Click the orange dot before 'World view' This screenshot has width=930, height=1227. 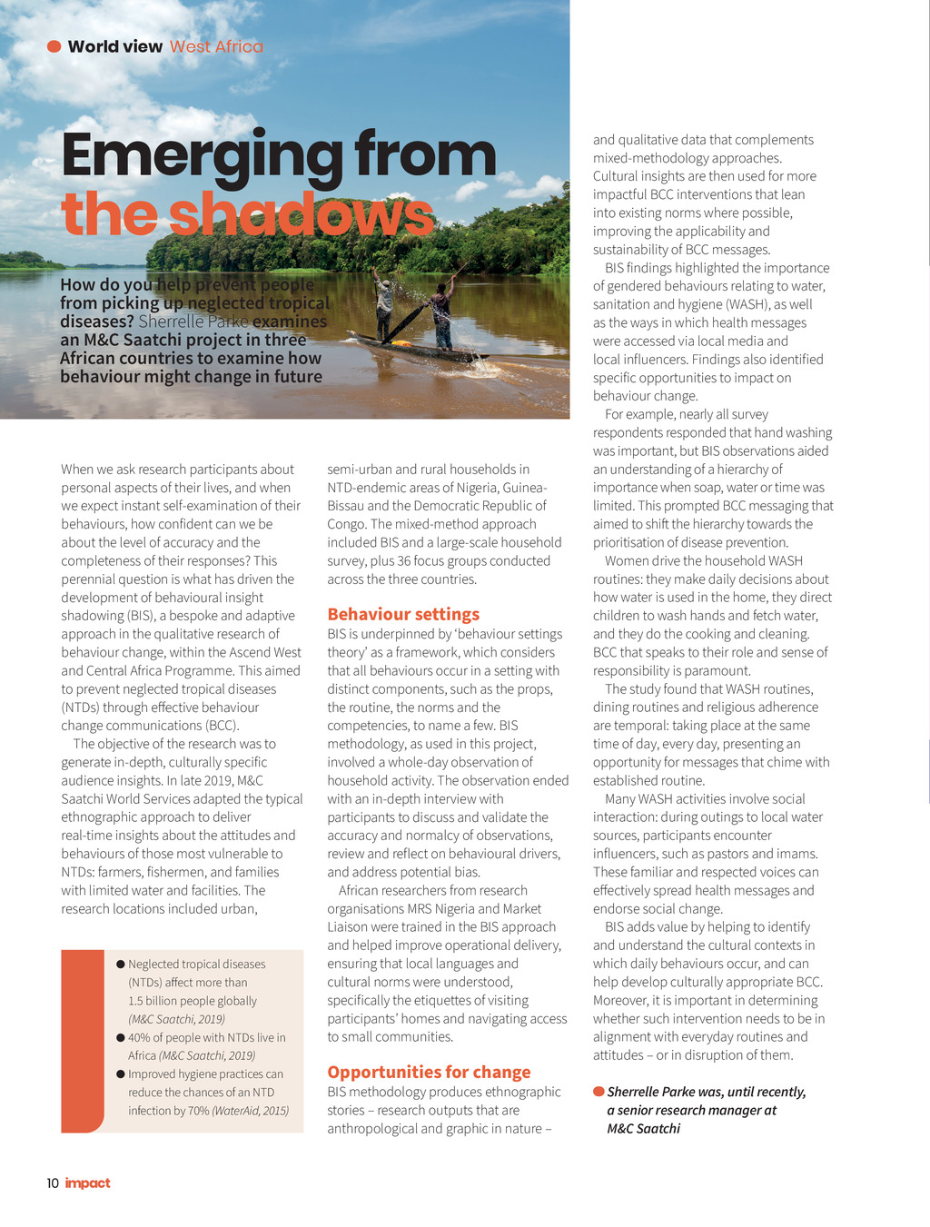point(54,46)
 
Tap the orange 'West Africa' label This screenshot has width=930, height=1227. point(216,46)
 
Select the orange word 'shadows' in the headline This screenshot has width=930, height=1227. point(301,215)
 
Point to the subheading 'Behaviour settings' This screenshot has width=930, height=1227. point(403,614)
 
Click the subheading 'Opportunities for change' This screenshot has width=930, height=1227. point(429,1072)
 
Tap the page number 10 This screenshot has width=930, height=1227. point(53,1182)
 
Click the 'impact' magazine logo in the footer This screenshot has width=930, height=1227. point(88,1182)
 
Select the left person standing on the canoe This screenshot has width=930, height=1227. point(385,307)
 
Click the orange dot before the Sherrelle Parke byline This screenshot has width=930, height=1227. point(599,1091)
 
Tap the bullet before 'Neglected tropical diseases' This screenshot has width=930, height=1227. point(121,965)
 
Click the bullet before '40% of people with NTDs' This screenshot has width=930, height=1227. point(121,1037)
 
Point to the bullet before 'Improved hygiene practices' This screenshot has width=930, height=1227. point(121,1074)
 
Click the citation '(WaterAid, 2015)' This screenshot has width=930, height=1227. point(250,1111)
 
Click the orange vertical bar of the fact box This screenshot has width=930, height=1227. point(82,1041)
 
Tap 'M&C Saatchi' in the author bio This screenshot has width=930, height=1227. point(644,1128)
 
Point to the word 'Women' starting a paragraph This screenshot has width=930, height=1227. point(628,560)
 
